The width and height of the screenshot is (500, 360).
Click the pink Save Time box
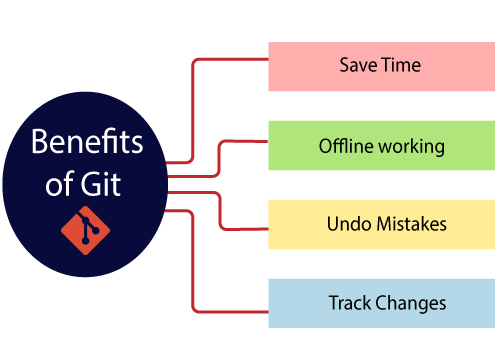pos(380,67)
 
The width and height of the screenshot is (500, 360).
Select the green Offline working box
pos(380,145)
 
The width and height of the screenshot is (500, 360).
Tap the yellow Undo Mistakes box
pos(380,224)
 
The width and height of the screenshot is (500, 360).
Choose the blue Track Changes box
pos(380,302)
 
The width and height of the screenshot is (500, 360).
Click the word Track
pos(349,302)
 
